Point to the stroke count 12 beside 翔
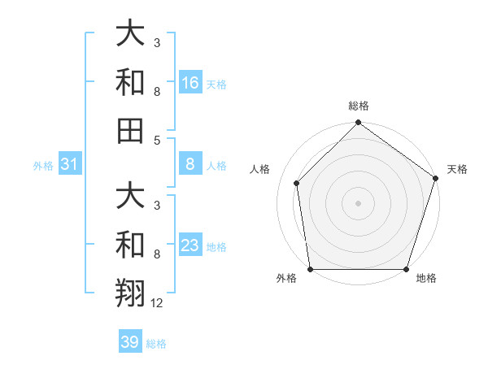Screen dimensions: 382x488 click(x=157, y=302)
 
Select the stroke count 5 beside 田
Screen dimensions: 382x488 click(x=156, y=140)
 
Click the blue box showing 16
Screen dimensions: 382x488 click(x=190, y=83)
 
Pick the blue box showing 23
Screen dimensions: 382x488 click(x=190, y=245)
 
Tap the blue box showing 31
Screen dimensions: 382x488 click(x=69, y=165)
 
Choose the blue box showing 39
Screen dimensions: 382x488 click(x=130, y=342)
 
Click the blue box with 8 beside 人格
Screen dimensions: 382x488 click(x=190, y=165)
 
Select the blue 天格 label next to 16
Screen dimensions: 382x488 click(x=216, y=84)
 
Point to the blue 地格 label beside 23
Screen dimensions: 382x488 click(x=216, y=246)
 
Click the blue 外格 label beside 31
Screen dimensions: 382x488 click(x=43, y=166)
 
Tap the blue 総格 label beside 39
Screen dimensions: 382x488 click(x=156, y=343)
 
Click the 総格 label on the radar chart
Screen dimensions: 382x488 click(x=359, y=106)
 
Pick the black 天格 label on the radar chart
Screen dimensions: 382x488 click(x=458, y=169)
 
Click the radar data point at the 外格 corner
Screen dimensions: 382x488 click(x=311, y=269)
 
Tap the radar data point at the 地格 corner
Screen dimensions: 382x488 click(x=407, y=269)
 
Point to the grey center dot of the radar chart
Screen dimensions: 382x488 click(x=359, y=202)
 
